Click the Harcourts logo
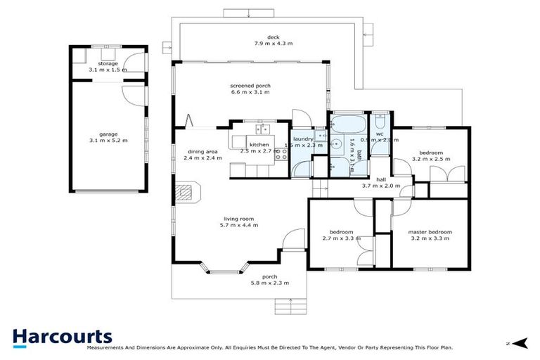tap(62, 335)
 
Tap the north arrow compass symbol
tap(520, 343)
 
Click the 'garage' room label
tap(108, 134)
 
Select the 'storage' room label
tap(108, 64)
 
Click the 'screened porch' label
tap(250, 86)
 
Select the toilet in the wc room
tap(380, 118)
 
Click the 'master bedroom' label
tap(430, 232)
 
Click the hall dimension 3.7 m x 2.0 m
tap(380, 186)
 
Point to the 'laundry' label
tap(303, 139)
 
